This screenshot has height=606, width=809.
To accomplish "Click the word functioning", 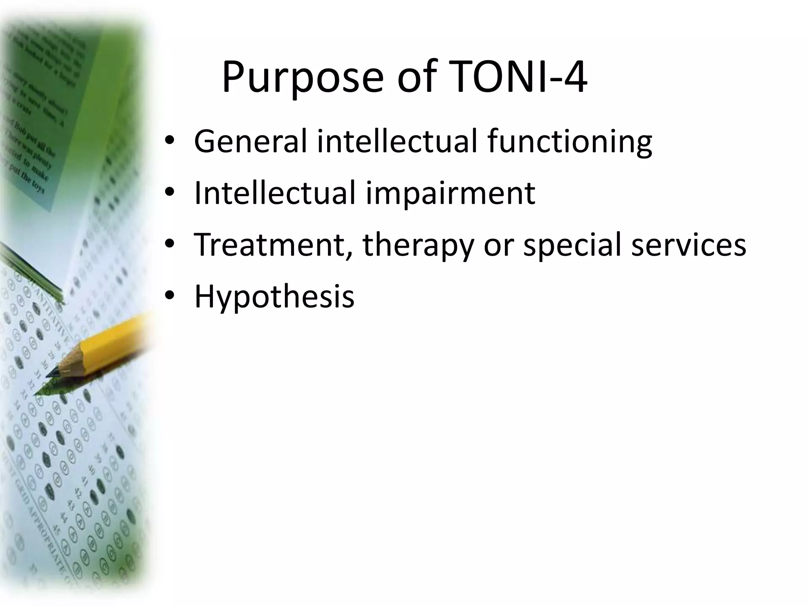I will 569,142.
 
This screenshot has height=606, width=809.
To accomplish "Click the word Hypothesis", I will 274,297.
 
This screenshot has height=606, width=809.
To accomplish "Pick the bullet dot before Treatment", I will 170,244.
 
